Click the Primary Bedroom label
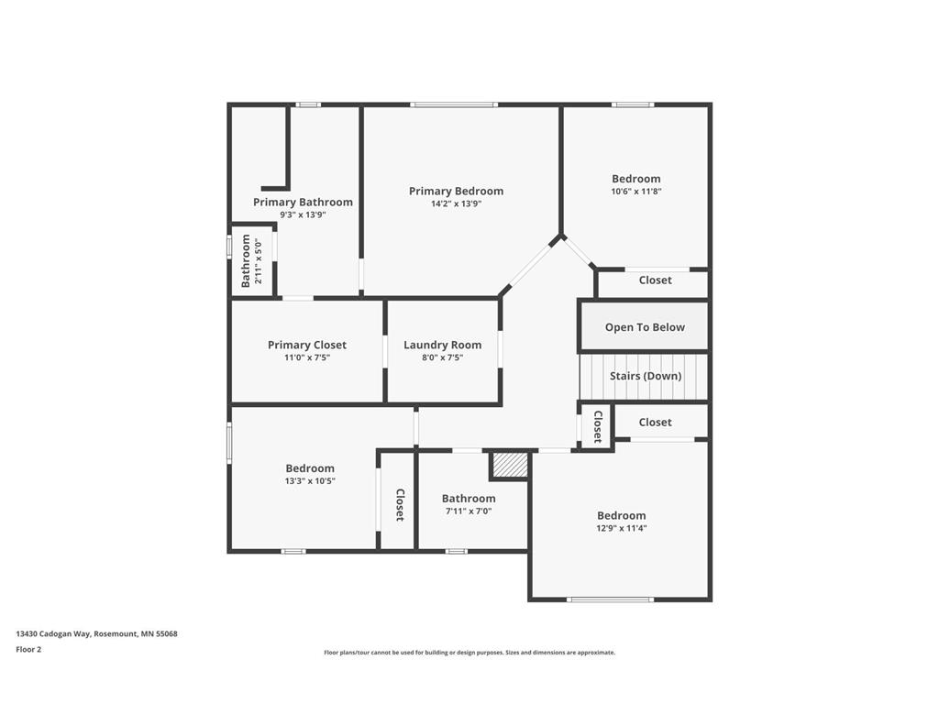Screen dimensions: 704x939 (456, 191)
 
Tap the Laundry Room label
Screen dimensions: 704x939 (442, 345)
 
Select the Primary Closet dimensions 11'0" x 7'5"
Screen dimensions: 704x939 (307, 357)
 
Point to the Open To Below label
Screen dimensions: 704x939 (645, 327)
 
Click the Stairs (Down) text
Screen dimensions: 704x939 (646, 376)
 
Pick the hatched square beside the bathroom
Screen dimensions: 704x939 (510, 465)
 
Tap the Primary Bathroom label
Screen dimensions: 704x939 (303, 202)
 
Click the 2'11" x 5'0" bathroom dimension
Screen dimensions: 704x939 (259, 261)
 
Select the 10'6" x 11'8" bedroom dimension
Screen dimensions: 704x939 (636, 192)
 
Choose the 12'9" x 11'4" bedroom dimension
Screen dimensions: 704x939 (622, 528)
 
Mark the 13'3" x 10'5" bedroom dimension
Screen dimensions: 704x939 (310, 480)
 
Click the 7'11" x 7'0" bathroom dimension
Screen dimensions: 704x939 (469, 511)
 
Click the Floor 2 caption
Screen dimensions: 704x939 (28, 649)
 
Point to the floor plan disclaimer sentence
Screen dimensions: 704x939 (469, 653)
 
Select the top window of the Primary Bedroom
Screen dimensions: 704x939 (454, 104)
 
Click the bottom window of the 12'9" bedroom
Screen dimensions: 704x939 (610, 599)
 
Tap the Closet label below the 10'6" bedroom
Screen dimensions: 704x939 (655, 280)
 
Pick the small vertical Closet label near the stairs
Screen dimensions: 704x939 (598, 426)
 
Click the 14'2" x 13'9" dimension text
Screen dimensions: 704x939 (456, 203)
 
